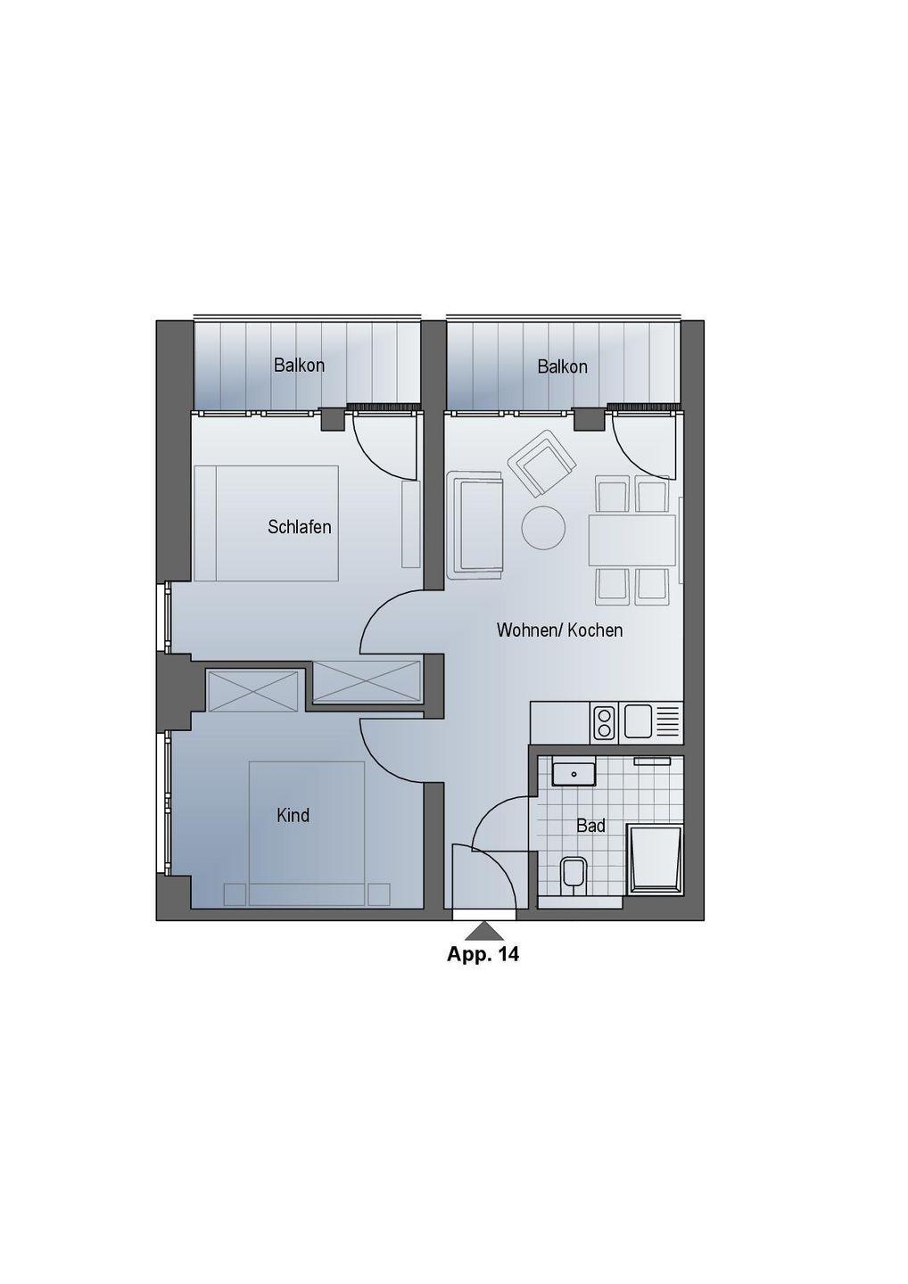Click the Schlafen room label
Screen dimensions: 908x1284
coord(299,527)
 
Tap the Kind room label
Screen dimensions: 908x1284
coord(293,815)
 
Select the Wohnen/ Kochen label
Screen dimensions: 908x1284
coord(559,630)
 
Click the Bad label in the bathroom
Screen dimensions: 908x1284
coord(591,826)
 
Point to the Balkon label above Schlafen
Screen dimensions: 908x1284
coord(299,366)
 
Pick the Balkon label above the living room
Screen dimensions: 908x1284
coord(562,366)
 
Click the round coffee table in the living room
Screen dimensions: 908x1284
coord(543,528)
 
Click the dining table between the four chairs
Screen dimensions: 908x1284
coord(632,540)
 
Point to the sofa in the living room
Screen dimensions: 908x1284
coord(475,522)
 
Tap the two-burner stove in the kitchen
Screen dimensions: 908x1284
coord(604,722)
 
